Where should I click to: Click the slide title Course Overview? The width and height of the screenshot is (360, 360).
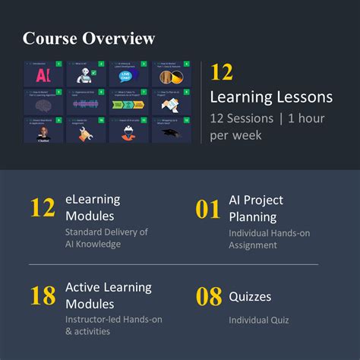pos(89,38)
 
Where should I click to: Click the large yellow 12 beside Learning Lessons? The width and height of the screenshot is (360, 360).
pos(222,73)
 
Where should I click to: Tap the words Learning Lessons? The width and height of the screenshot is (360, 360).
pos(271,97)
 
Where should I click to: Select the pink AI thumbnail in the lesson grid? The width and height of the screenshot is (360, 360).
pos(43,76)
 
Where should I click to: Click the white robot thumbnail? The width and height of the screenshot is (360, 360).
pos(85,75)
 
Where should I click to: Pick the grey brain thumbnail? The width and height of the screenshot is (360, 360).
pos(43,104)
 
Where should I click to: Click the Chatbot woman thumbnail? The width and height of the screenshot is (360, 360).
pos(43,132)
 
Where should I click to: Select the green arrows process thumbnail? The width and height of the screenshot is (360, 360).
pos(127,104)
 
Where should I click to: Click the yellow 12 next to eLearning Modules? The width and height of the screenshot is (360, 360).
pos(43,208)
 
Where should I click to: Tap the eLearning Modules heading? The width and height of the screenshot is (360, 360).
pos(93,207)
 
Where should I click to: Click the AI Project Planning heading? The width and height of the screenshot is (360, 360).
pos(256,207)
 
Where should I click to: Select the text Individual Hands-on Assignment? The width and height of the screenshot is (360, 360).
pos(269,238)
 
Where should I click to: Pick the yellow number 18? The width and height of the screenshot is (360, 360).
pos(43,296)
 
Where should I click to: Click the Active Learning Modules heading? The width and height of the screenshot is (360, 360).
pos(108,295)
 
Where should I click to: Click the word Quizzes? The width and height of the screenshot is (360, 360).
pos(250,297)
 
